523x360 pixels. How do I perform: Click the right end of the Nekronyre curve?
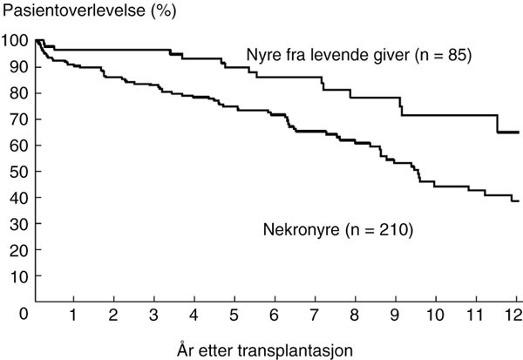(519, 200)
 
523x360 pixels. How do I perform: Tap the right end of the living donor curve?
(519, 132)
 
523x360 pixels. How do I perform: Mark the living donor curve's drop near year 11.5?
(497, 124)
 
